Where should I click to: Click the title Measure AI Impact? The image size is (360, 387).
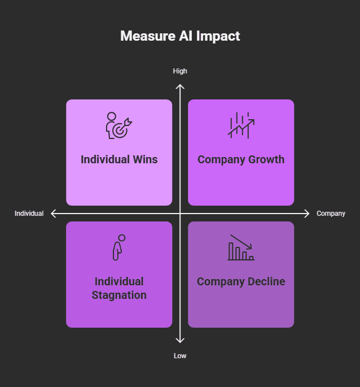tap(180, 36)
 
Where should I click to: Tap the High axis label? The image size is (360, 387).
tap(180, 71)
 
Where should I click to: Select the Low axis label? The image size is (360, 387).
tap(180, 356)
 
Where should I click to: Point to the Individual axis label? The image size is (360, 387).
tap(29, 214)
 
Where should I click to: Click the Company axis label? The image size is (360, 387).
tap(331, 214)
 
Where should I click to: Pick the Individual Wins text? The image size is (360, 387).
tap(119, 159)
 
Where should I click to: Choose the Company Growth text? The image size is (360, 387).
tap(241, 159)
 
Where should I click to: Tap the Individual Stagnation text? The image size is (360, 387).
tap(119, 288)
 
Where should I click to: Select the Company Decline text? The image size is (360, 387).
tap(241, 281)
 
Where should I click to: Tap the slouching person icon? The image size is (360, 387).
tap(118, 247)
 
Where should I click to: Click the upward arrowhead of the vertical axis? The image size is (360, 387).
tap(180, 86)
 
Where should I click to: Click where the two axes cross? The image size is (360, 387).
tap(180, 214)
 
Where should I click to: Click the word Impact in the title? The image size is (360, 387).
tap(218, 36)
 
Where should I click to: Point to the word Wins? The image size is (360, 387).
tap(145, 159)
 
